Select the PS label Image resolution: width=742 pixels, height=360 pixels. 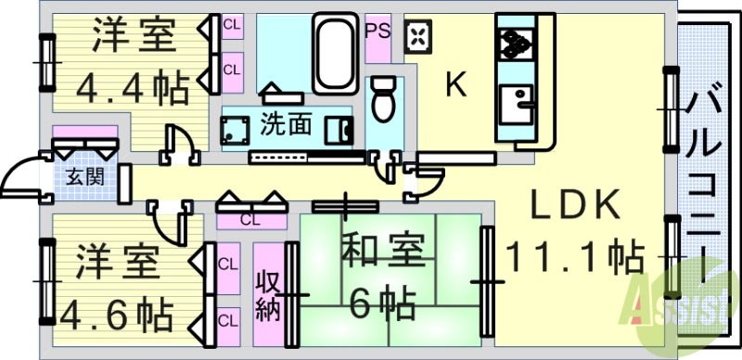point(377,29)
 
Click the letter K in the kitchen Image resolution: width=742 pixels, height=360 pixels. point(454,85)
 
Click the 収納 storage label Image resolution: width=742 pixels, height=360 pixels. point(267,295)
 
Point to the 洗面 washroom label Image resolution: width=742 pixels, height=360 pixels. point(286,122)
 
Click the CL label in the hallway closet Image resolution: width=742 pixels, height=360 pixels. point(249,220)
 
